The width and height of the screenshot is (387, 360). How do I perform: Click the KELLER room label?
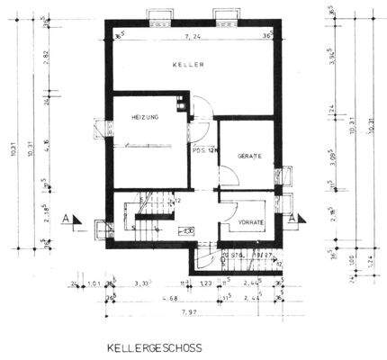189,66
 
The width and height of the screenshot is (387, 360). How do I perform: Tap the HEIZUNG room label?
145,118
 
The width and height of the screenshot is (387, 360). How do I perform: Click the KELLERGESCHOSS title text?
155,347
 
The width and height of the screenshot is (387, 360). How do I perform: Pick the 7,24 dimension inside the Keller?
190,37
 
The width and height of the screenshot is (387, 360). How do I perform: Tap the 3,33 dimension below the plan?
141,283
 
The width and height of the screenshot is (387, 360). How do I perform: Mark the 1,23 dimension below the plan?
205,283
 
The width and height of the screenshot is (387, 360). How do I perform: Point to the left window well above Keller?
158,15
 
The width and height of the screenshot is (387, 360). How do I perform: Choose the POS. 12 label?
202,150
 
